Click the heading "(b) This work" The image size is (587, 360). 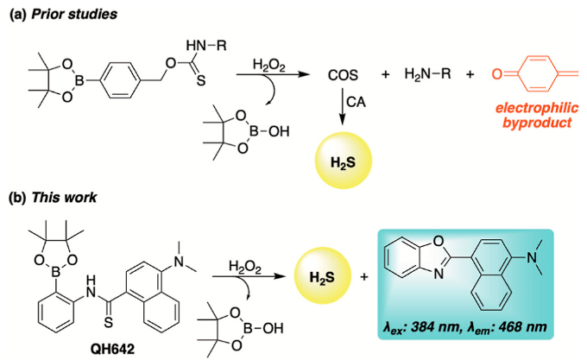point(51,197)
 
